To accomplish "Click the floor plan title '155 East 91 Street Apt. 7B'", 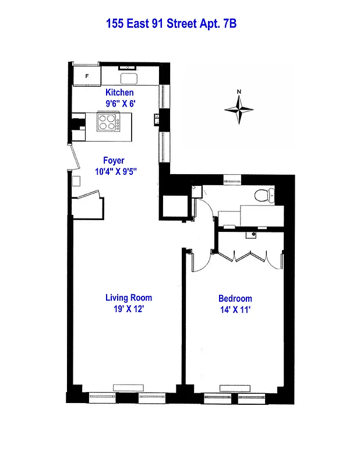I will click(x=171, y=24).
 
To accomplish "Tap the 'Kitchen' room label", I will click(x=119, y=93).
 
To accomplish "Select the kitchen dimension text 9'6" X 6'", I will click(x=119, y=104).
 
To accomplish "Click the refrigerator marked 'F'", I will click(x=87, y=76).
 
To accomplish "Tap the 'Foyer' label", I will click(x=114, y=161).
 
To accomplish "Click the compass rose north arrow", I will click(x=239, y=108).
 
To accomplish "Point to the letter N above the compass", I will click(x=239, y=91).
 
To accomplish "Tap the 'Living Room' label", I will click(x=129, y=298).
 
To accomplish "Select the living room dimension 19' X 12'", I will click(x=129, y=309).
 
